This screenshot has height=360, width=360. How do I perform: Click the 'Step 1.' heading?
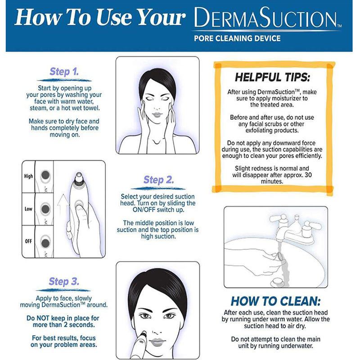64,72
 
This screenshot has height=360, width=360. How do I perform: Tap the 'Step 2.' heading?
159,180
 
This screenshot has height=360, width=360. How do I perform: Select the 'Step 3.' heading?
64,282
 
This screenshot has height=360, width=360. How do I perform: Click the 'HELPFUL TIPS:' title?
272,77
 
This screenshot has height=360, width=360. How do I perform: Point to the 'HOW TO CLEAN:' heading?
275,301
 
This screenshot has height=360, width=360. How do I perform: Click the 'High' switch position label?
28,176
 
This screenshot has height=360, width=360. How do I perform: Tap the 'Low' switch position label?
28,209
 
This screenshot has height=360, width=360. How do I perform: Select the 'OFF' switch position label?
28,241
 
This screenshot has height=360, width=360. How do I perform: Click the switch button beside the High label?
45,175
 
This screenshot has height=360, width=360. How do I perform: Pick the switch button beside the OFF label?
45,242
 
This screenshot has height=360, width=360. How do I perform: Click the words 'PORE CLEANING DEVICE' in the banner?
237,38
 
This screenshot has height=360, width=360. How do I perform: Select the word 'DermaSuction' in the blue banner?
265,18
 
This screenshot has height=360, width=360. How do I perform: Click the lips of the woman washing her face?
157,114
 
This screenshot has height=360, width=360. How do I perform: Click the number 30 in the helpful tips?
308,175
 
